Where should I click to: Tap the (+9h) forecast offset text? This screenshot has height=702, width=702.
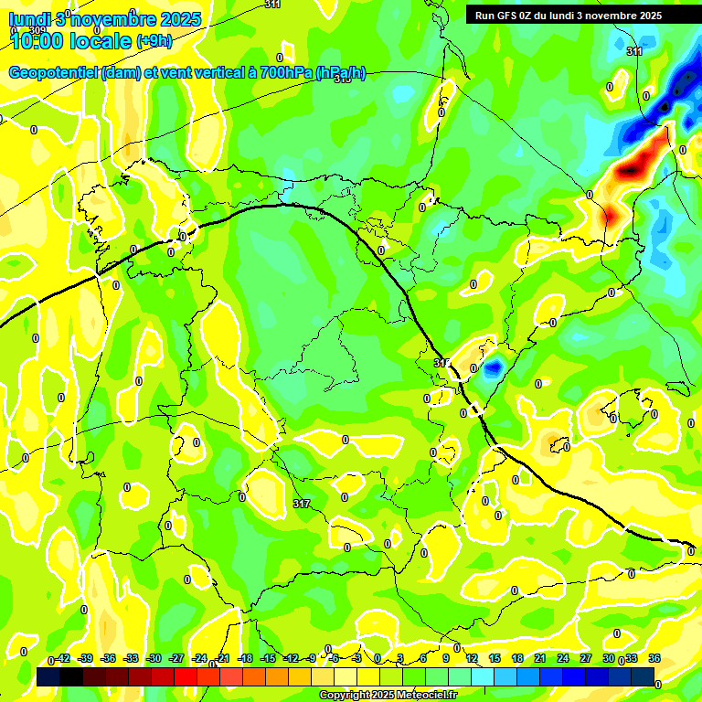(x=154, y=40)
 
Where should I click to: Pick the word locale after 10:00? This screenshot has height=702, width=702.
(x=102, y=39)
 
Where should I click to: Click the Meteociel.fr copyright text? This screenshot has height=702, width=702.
(x=388, y=696)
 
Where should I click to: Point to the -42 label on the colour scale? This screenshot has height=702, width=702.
(x=62, y=658)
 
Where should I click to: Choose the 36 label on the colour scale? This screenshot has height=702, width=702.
(x=654, y=658)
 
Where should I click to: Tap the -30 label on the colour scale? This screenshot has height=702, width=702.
(x=154, y=658)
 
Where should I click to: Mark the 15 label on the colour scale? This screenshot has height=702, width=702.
(x=495, y=658)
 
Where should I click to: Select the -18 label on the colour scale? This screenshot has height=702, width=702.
(x=245, y=658)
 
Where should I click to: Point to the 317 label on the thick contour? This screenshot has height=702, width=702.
(x=442, y=364)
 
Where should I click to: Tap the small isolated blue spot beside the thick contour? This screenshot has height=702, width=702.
(x=494, y=368)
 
